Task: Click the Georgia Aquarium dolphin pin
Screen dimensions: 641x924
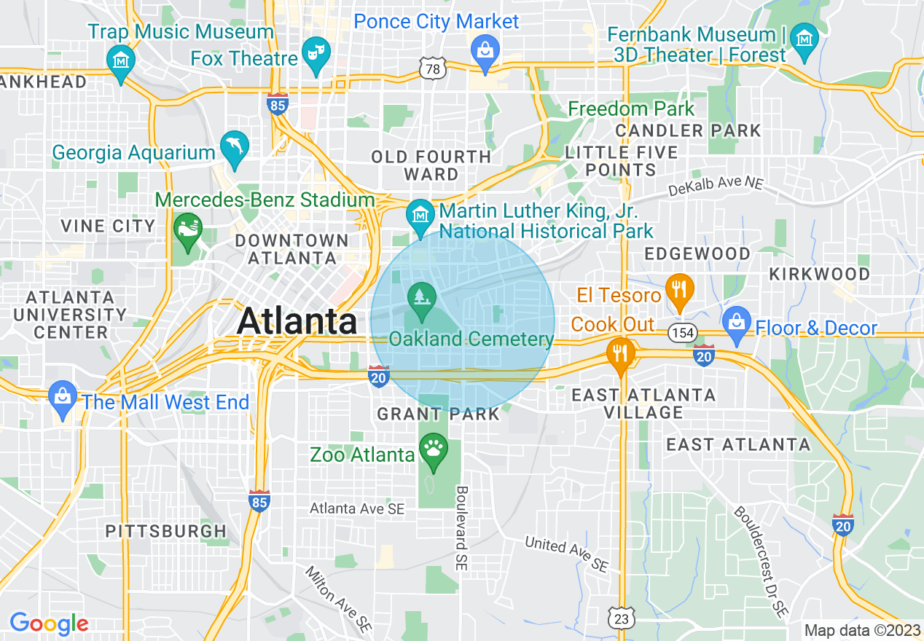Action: point(235,146)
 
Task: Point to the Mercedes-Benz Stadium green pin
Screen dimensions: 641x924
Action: point(187,228)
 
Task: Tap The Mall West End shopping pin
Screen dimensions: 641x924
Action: point(63,396)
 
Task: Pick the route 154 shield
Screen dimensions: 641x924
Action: point(681,333)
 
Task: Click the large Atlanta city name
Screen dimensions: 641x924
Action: point(297,320)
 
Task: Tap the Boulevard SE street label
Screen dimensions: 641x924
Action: point(462,528)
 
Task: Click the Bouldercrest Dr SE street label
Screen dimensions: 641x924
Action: point(761,561)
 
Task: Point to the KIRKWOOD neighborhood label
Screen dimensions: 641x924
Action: point(820,274)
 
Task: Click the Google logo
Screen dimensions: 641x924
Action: point(49,623)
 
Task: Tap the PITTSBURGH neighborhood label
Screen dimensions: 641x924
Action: point(166,531)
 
